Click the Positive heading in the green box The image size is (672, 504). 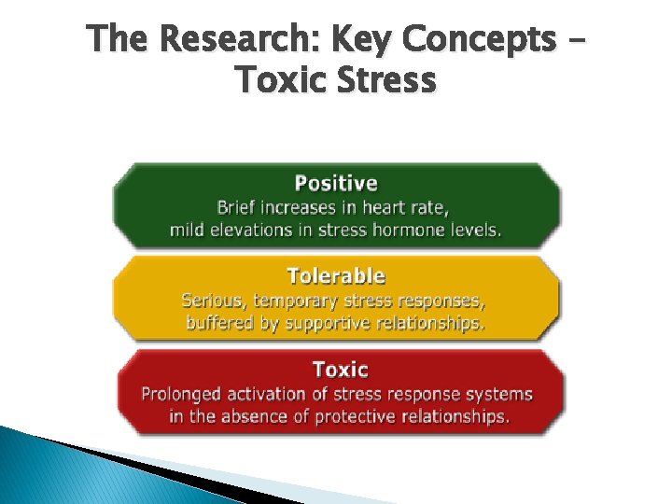[336, 183]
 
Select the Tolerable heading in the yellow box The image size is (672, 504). [336, 275]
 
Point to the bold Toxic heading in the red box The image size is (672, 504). [340, 370]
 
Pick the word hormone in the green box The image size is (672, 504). [402, 230]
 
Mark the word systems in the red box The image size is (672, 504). [502, 393]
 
